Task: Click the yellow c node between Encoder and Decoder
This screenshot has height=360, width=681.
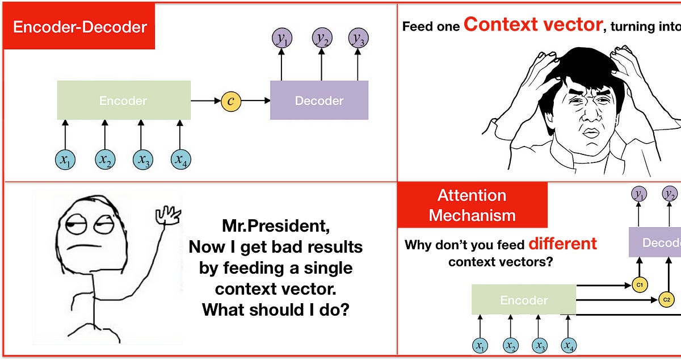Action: pos(231,101)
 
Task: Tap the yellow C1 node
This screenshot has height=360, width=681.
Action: pos(639,284)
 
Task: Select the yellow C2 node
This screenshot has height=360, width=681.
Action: pos(666,299)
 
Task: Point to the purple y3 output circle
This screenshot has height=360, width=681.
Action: pos(358,38)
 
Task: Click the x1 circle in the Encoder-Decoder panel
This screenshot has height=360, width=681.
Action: pos(65,161)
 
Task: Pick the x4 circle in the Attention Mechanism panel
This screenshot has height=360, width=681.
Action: pos(568,345)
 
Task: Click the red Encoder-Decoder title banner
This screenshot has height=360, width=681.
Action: pos(79,27)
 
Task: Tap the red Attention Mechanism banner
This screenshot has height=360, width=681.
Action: pos(472,205)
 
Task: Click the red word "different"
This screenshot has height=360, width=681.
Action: pos(562,244)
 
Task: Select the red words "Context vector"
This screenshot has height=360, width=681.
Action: pos(533,24)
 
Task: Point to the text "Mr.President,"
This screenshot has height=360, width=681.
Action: pos(275,226)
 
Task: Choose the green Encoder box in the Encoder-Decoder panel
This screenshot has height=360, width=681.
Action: pos(123,101)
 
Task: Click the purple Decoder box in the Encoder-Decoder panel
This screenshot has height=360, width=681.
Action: pos(319,101)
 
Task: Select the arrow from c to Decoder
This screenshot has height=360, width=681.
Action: pos(255,101)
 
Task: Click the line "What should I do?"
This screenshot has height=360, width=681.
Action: pos(275,310)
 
